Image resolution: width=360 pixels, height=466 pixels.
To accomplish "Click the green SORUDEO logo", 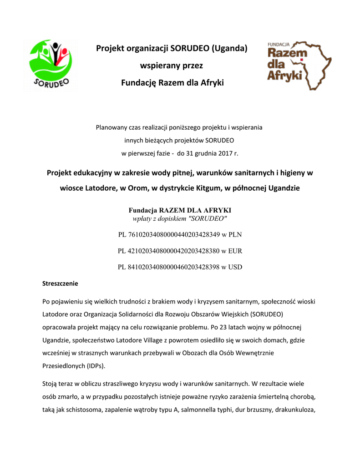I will point(51,65).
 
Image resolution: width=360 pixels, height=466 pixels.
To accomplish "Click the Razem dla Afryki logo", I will point(298,65).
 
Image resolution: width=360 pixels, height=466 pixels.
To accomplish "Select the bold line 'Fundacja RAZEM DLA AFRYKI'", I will point(180,210).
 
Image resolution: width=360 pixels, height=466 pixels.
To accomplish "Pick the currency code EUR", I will point(235,251).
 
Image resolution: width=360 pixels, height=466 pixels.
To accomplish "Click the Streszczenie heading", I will point(60,284).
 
